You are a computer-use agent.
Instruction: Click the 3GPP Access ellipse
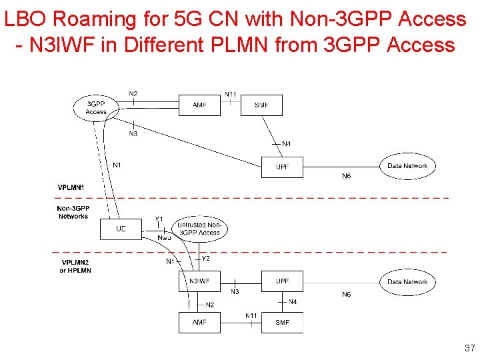[x=96, y=108]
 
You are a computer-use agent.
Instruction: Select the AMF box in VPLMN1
[x=199, y=105]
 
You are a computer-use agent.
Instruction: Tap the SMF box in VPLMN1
[x=261, y=105]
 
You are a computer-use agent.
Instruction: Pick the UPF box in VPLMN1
[x=282, y=167]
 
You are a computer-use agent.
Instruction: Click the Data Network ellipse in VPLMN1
[x=407, y=166]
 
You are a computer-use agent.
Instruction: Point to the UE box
[x=121, y=229]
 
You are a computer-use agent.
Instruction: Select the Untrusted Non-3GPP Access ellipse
[x=199, y=229]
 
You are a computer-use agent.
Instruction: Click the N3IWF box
[x=199, y=281]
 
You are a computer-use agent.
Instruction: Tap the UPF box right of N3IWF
[x=282, y=281]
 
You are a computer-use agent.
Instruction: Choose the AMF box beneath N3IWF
[x=199, y=323]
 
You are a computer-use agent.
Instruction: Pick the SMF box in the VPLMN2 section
[x=282, y=323]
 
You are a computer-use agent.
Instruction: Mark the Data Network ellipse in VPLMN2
[x=407, y=282]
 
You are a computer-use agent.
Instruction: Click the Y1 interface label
[x=159, y=219]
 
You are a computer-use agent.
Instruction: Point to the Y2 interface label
[x=206, y=259]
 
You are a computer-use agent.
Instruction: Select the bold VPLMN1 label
[x=71, y=188]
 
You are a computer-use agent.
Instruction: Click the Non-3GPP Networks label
[x=73, y=212]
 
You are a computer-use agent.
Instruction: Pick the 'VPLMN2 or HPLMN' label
[x=76, y=266]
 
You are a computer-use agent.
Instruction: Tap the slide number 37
[x=469, y=347]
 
